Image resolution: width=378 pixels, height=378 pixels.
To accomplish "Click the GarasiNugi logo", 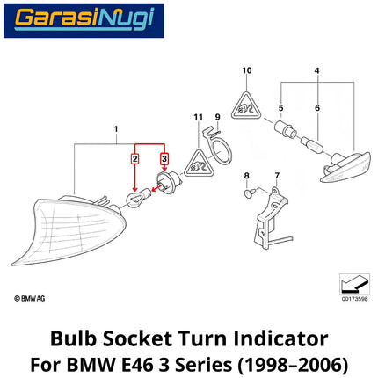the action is [x=84, y=20].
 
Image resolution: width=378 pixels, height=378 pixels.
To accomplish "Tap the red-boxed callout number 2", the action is [x=134, y=159].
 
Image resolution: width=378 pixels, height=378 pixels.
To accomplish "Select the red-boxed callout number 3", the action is [x=164, y=159].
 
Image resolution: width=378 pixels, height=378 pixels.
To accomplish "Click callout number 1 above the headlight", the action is [x=116, y=129].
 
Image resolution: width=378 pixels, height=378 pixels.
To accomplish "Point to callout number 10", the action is [x=247, y=70].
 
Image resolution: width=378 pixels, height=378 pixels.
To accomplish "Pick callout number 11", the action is [x=199, y=117].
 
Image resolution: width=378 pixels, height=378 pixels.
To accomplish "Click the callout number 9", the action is [x=217, y=117].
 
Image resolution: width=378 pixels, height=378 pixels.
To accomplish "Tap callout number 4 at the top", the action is [x=316, y=70].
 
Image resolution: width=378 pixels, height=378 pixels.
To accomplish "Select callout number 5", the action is [x=280, y=108].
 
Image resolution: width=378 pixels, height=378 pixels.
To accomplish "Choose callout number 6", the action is [x=317, y=108].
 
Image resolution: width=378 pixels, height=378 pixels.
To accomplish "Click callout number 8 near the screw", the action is [x=247, y=176].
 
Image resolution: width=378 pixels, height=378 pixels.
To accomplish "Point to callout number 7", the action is [x=277, y=176].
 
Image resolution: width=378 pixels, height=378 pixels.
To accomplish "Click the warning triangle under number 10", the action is [x=246, y=107].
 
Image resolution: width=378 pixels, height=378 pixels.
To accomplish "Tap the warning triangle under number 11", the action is [x=199, y=165].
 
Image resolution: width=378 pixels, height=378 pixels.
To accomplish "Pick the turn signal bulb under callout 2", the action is [x=138, y=197].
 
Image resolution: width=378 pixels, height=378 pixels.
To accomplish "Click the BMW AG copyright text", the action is [x=30, y=299].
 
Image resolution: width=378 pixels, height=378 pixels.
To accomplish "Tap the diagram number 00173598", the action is [x=354, y=299].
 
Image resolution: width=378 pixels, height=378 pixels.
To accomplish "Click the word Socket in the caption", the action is [x=137, y=339].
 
